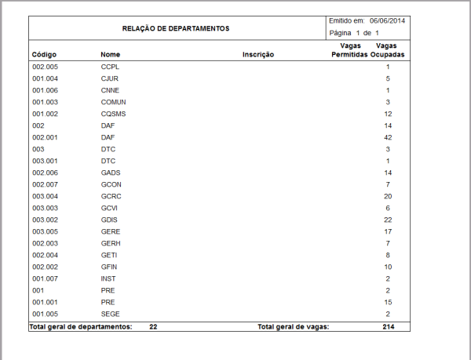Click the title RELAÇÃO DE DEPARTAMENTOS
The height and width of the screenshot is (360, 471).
(x=176, y=28)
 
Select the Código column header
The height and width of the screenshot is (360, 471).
(x=44, y=55)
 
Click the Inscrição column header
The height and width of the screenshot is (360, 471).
(x=257, y=55)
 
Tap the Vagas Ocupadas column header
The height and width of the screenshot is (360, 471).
(x=386, y=51)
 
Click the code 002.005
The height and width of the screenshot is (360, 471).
(x=45, y=67)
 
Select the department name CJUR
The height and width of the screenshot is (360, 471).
(x=110, y=79)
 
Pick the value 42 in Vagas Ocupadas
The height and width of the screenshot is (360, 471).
(x=386, y=137)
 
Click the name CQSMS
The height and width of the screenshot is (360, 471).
(x=113, y=114)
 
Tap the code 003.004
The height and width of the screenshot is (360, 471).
(x=45, y=195)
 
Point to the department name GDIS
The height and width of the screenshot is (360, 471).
(x=109, y=219)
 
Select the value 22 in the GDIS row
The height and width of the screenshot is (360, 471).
(x=386, y=219)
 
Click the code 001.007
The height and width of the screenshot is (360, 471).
(x=45, y=278)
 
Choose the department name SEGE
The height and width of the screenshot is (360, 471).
(x=110, y=313)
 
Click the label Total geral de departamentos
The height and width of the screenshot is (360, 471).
(x=81, y=325)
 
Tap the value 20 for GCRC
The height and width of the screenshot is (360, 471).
(x=386, y=195)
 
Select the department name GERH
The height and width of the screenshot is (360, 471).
(x=111, y=242)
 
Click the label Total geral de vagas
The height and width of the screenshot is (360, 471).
(x=293, y=325)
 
